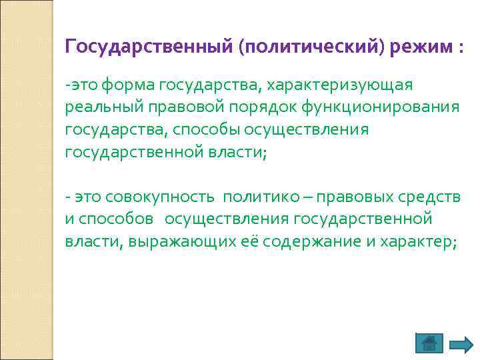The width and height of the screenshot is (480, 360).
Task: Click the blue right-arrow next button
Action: pyautogui.click(x=461, y=344)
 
